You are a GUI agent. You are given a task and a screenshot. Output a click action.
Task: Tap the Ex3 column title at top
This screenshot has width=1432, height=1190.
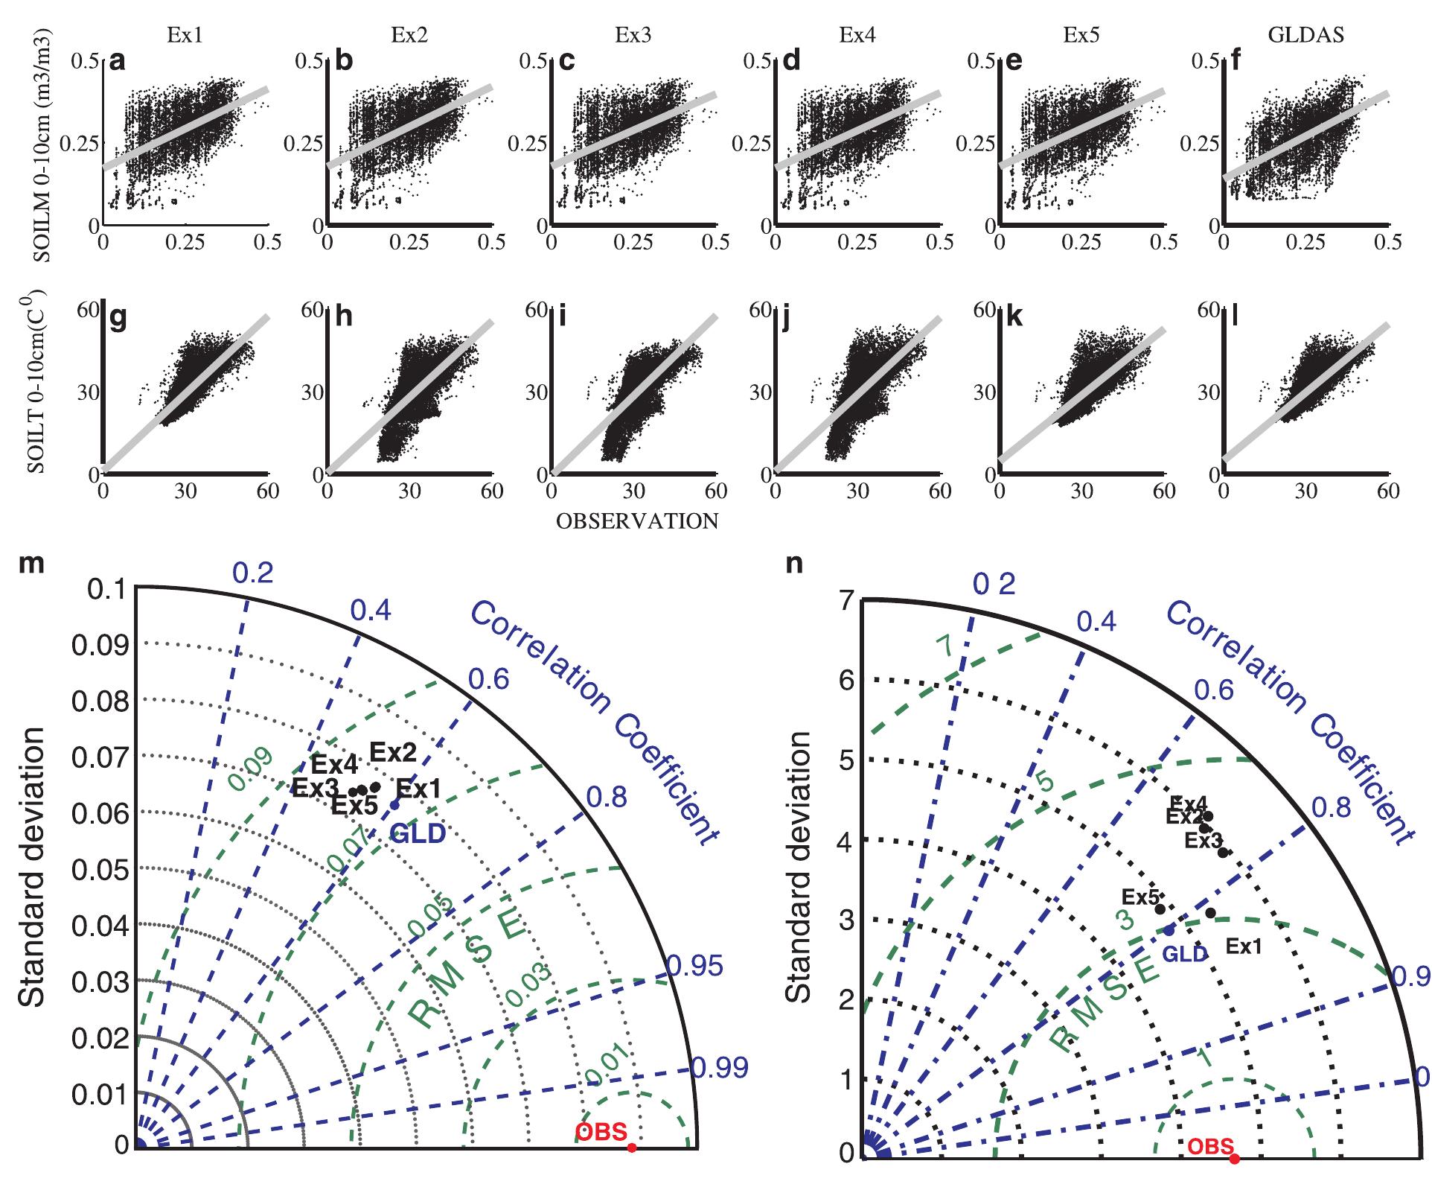click(x=633, y=34)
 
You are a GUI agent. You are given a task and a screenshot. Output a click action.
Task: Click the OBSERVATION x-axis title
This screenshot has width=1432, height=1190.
click(x=637, y=521)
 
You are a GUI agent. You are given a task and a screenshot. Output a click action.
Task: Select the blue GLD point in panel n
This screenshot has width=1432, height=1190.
click(x=1169, y=930)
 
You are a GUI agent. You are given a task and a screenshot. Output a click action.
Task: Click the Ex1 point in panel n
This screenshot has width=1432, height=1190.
click(x=1211, y=912)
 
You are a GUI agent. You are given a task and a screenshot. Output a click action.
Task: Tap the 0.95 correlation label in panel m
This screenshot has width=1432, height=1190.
click(x=694, y=967)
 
